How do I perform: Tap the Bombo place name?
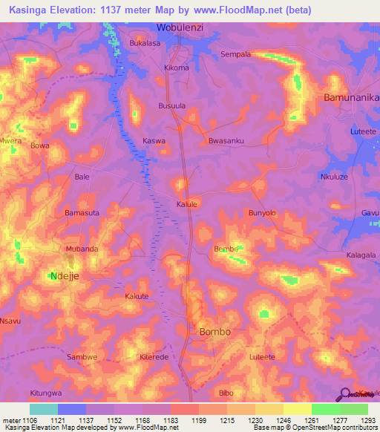[215, 331]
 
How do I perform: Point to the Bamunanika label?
[351, 97]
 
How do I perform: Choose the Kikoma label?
[177, 68]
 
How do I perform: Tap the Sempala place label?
[236, 54]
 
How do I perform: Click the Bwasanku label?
[226, 140]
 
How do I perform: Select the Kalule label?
[186, 203]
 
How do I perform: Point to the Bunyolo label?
[262, 213]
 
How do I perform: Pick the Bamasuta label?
[82, 213]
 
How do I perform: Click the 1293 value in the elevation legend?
[368, 419]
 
